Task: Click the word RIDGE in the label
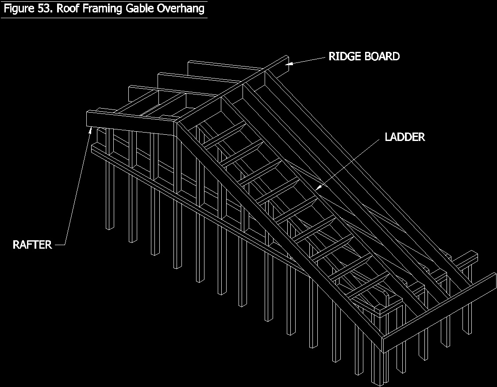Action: [344, 57]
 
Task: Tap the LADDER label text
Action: [405, 137]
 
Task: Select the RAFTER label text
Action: [32, 244]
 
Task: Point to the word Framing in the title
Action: [103, 9]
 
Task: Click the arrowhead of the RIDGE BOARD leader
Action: [288, 64]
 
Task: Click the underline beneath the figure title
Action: [104, 18]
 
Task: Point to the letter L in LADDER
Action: [388, 137]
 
